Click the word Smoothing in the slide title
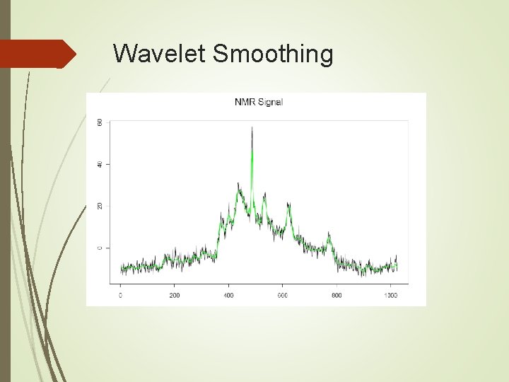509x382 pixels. (272, 54)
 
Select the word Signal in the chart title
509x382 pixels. (271, 102)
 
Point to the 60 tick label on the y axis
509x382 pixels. (100, 122)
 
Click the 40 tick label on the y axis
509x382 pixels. (100, 164)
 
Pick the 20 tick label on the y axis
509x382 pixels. (100, 206)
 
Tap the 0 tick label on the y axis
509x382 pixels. (100, 248)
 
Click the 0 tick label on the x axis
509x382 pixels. (120, 295)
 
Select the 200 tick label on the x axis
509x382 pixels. (175, 295)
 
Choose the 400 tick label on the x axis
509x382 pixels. (228, 295)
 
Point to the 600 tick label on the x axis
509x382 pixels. (282, 295)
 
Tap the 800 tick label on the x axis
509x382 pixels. (337, 295)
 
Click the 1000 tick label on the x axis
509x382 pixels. (390, 295)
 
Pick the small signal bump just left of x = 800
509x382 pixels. (328, 234)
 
